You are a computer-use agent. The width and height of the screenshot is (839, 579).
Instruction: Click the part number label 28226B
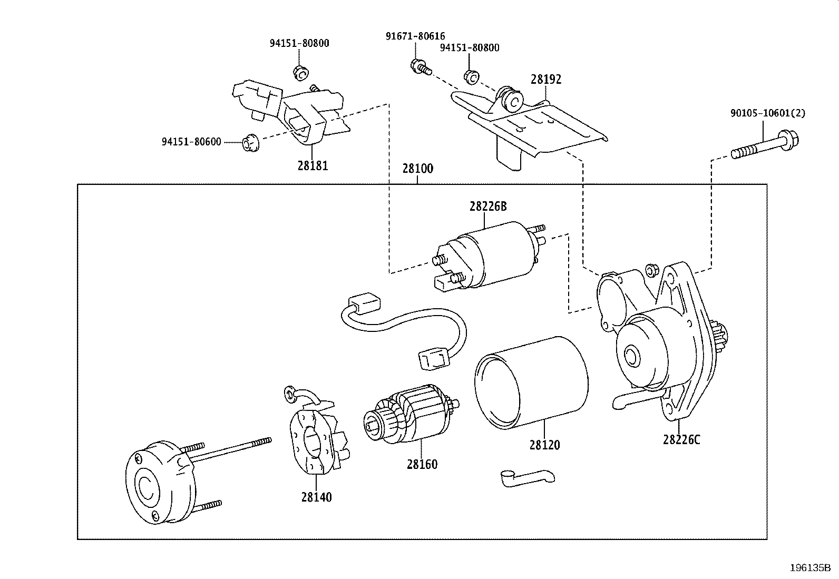[487, 207]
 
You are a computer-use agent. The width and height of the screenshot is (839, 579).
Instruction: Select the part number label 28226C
[681, 439]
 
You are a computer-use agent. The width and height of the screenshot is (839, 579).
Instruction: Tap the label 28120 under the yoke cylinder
[544, 445]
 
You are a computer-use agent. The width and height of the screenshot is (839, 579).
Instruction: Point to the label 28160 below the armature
[422, 464]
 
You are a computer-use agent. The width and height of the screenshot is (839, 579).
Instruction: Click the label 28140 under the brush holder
[317, 497]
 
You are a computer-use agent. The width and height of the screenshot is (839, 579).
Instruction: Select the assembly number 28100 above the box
[417, 169]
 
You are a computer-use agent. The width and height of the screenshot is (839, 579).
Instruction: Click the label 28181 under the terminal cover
[313, 165]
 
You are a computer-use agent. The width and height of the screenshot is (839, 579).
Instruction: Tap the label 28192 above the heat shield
[546, 80]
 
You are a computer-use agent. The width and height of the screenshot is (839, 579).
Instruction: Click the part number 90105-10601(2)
[767, 113]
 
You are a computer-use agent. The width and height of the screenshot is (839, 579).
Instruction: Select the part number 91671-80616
[415, 36]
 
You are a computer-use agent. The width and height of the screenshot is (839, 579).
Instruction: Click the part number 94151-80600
[191, 142]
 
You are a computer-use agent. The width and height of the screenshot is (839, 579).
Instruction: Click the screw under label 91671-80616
[420, 66]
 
